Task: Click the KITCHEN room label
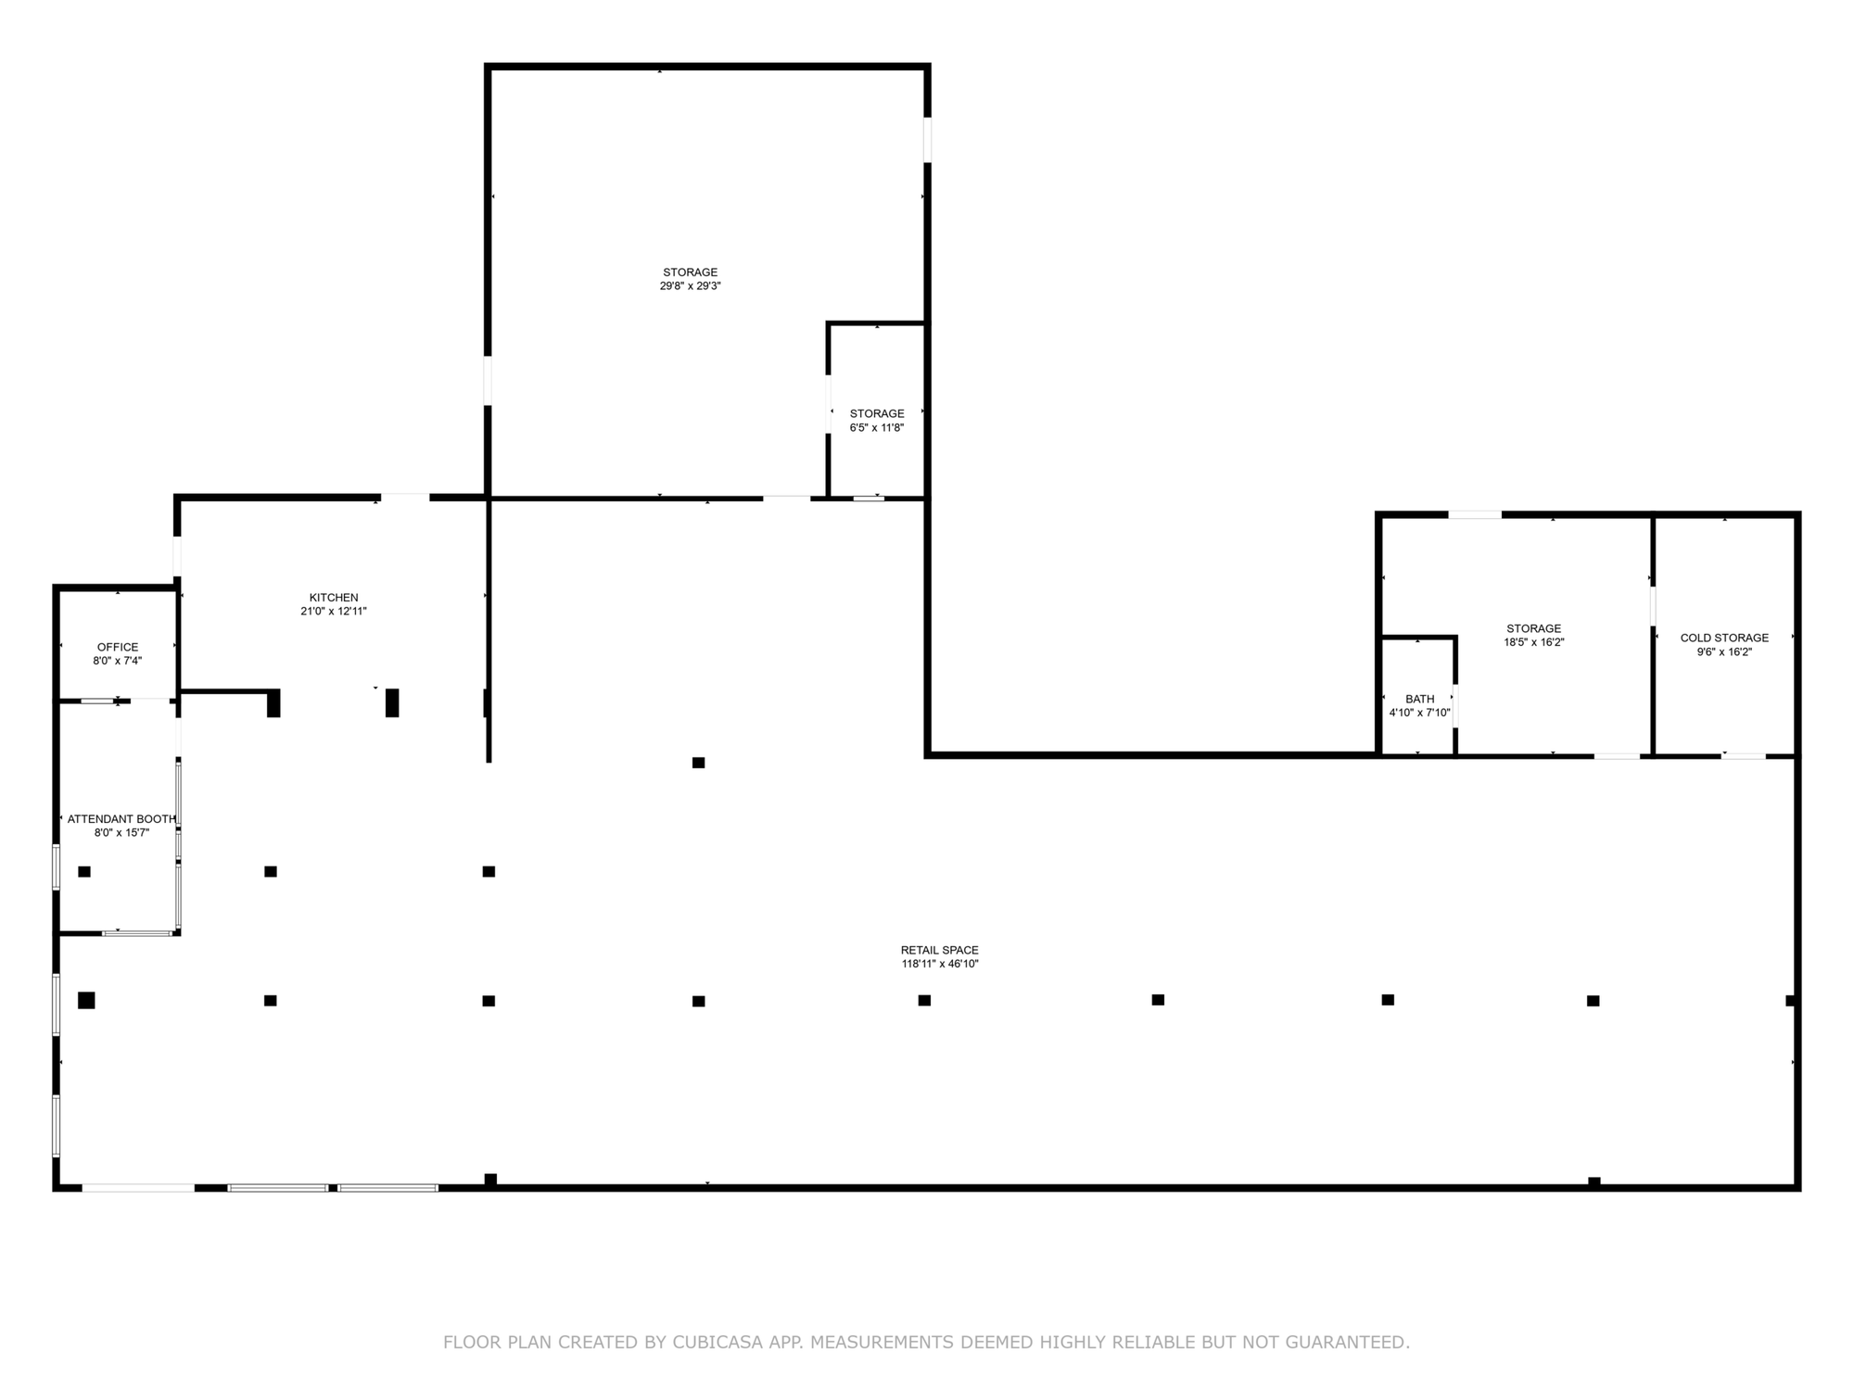[334, 598]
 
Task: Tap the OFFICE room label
[118, 647]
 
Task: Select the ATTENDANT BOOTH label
[121, 819]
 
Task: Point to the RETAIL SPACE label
[940, 950]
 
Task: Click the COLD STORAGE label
[1724, 638]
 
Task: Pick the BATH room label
[1419, 699]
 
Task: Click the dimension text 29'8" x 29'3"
[690, 286]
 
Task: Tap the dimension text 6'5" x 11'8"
[877, 428]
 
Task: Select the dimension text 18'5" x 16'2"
[1533, 642]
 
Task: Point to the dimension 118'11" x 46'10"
[940, 964]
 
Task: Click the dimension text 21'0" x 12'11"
[334, 612]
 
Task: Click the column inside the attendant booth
[84, 871]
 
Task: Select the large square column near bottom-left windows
[86, 1000]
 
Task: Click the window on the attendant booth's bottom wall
[137, 932]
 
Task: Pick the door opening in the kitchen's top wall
[405, 498]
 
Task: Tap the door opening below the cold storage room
[1744, 756]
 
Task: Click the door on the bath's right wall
[1455, 705]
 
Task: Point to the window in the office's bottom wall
[96, 701]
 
